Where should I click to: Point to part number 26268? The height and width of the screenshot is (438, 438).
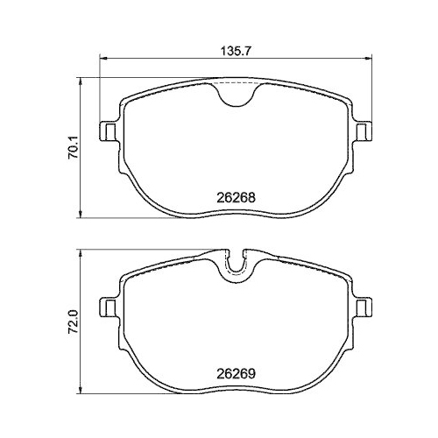pos(235,197)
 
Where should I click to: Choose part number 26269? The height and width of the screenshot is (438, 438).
pos(235,371)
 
